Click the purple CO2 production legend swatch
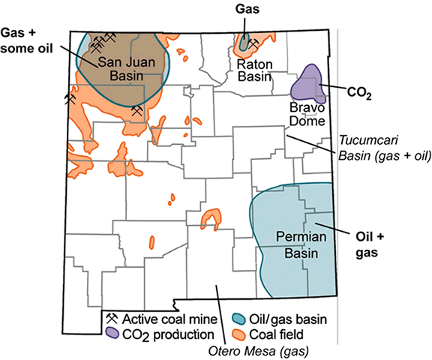click(111, 332)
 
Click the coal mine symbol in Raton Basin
click(253, 44)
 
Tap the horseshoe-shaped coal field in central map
click(213, 218)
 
